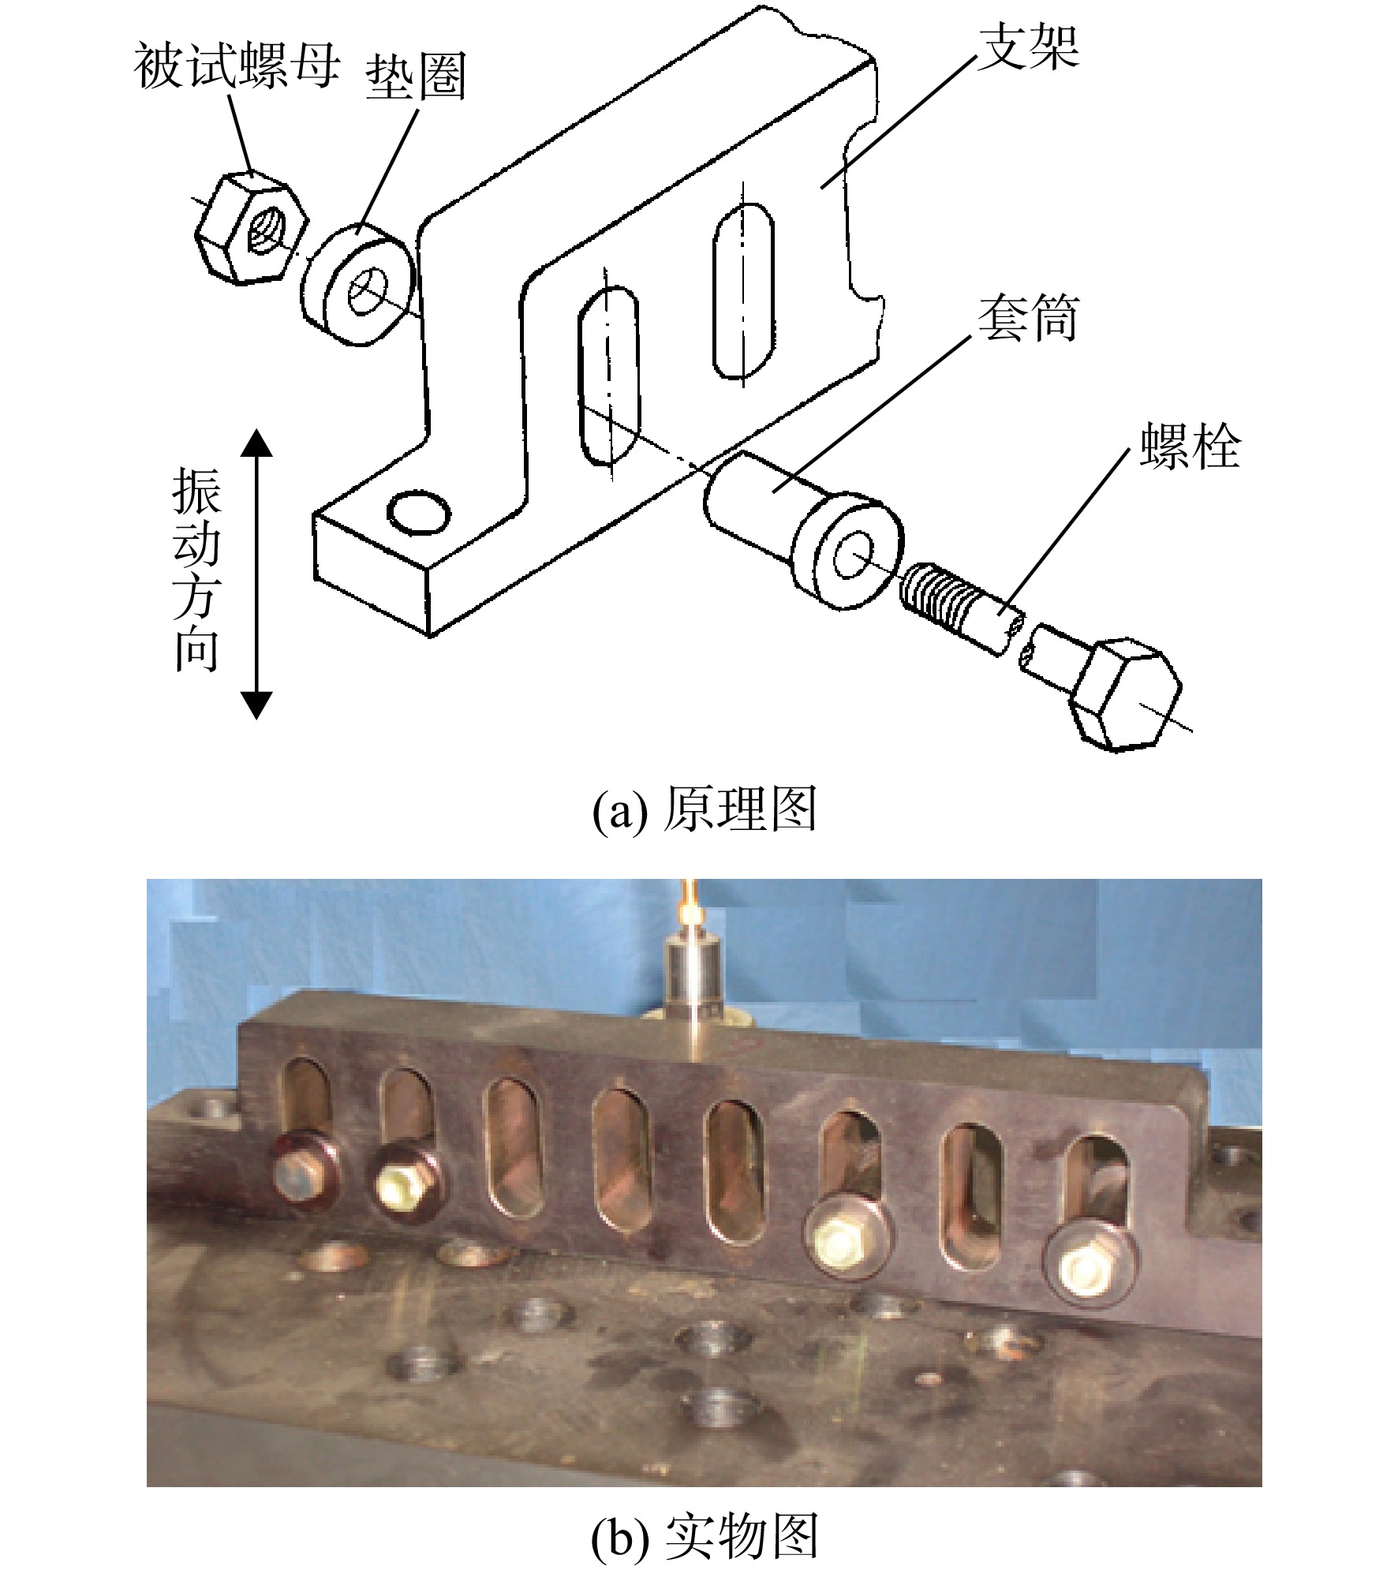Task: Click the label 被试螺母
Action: tap(237, 66)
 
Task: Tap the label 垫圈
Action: tap(416, 77)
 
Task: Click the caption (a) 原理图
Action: tap(705, 810)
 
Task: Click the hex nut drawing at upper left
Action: tap(251, 228)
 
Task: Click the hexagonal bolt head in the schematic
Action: tap(1124, 695)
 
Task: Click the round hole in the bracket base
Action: tap(419, 513)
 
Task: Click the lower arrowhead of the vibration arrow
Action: tap(256, 705)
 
